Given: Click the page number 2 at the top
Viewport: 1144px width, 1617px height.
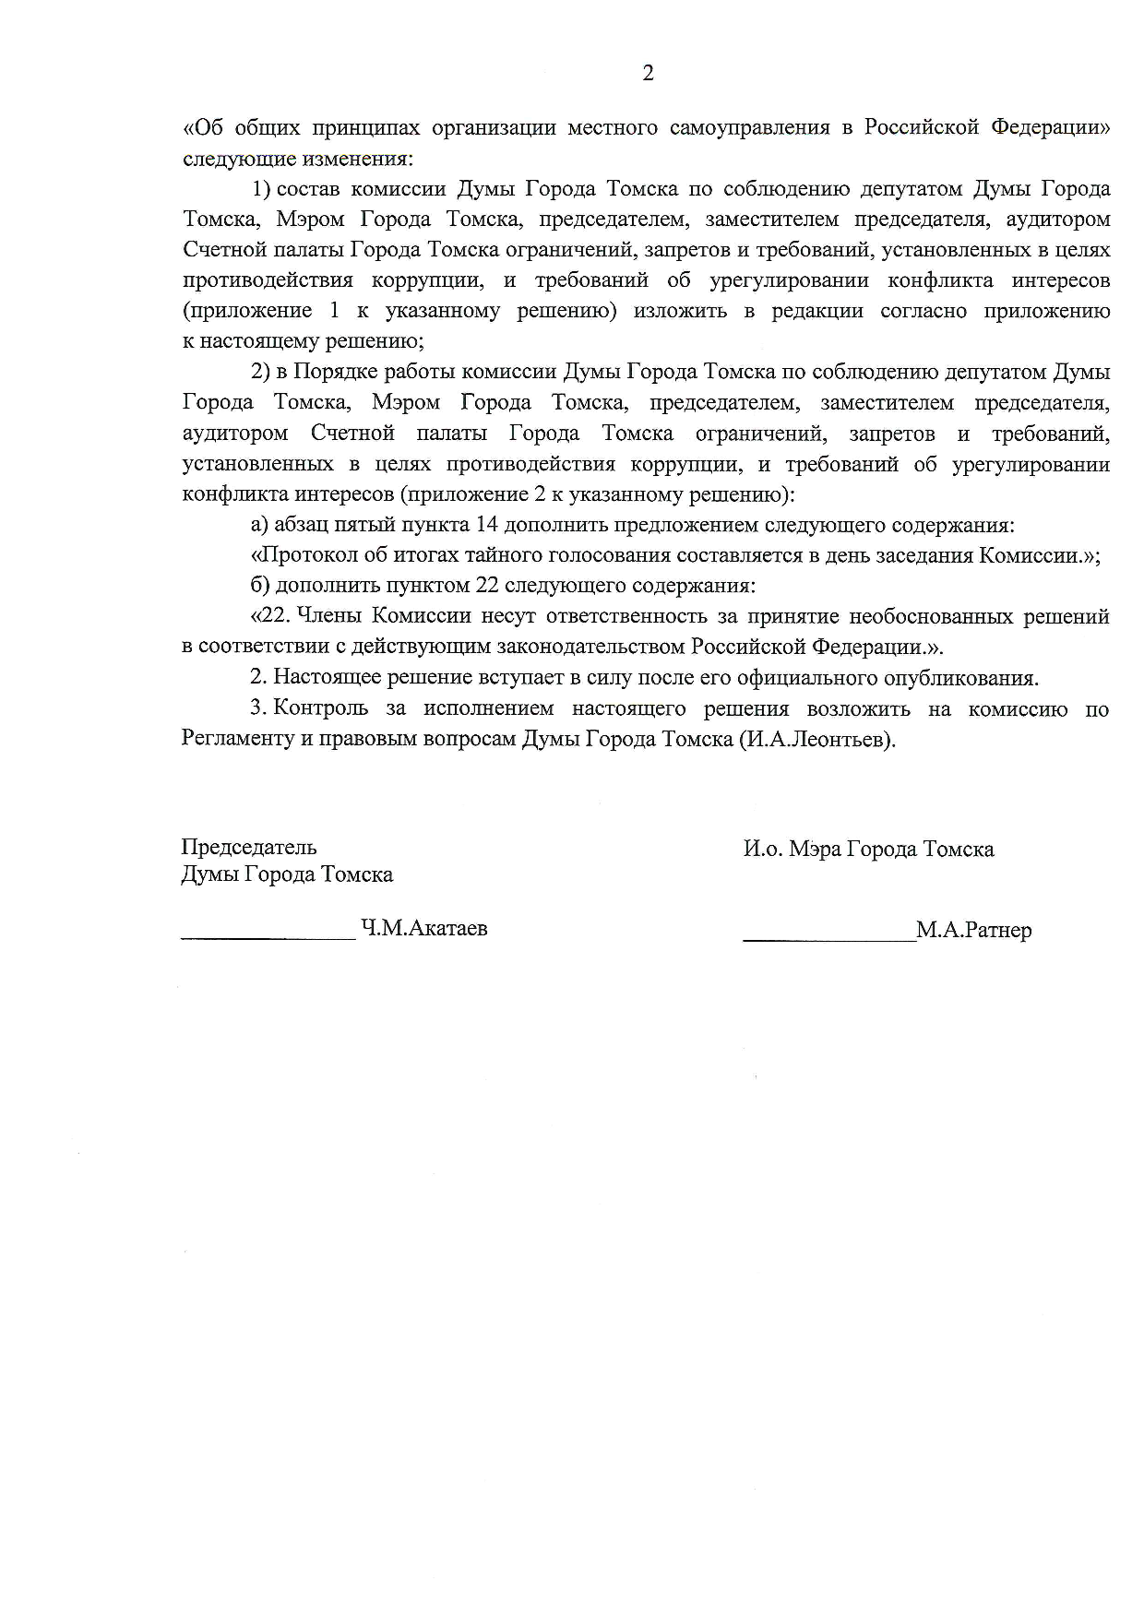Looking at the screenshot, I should [x=648, y=74].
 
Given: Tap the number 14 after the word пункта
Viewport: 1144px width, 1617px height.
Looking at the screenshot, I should [x=486, y=525].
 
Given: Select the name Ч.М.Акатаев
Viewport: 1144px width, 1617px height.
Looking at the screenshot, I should [x=424, y=929].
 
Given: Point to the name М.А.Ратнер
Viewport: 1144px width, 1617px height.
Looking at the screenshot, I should [x=974, y=930].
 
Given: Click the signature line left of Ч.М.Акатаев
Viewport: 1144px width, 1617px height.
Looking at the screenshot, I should [x=268, y=937].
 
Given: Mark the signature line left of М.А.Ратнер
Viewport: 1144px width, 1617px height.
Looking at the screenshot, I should [x=829, y=939].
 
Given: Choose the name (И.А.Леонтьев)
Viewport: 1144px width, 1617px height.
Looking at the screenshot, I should [x=817, y=739].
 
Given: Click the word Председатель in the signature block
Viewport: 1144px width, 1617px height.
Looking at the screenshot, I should [x=249, y=847].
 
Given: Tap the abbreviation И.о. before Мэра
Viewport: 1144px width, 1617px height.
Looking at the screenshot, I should [x=763, y=849].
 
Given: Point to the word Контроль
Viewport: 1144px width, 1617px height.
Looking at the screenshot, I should [x=320, y=708].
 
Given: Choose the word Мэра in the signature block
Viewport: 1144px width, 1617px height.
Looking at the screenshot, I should [x=816, y=849].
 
